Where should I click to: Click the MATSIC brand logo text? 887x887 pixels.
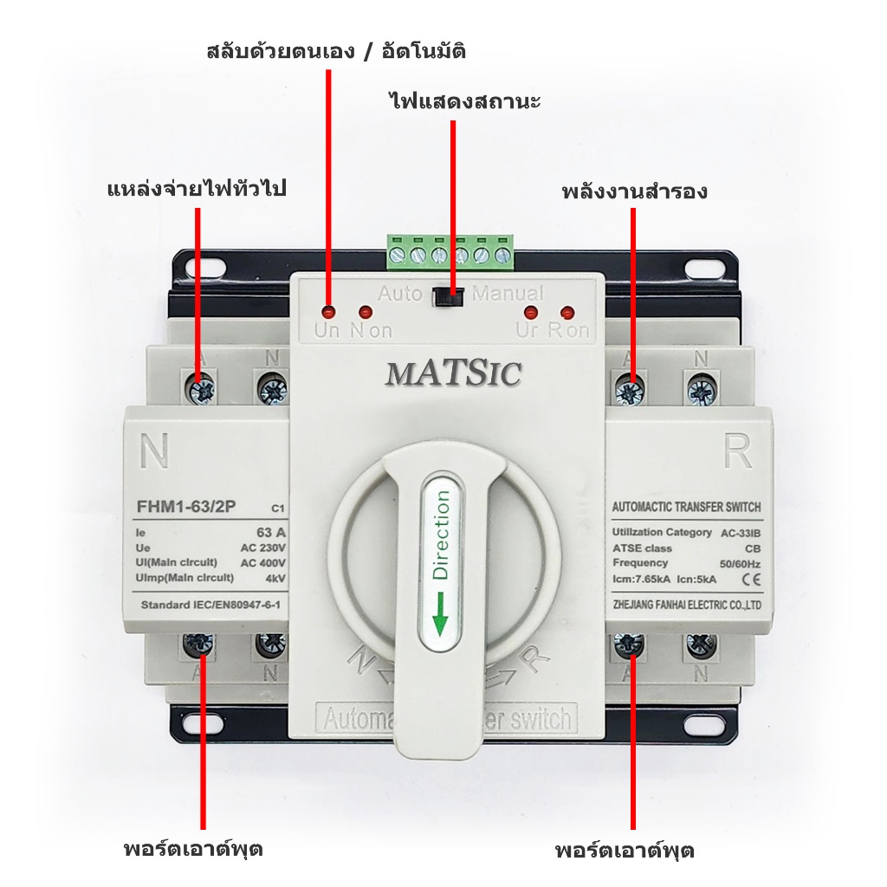click(453, 373)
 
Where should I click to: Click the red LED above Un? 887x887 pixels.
click(328, 310)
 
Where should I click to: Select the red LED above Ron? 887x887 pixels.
click(567, 312)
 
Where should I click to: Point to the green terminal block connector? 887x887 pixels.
click(450, 251)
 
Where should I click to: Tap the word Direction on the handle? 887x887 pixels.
click(441, 534)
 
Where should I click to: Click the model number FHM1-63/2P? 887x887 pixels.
click(185, 507)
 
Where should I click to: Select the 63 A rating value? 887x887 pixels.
click(271, 532)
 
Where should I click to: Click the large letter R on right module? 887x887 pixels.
click(738, 451)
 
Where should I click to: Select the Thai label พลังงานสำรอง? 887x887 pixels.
click(634, 191)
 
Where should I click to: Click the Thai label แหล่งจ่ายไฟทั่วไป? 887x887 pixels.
click(196, 188)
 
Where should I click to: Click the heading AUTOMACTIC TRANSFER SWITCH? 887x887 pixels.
click(687, 507)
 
